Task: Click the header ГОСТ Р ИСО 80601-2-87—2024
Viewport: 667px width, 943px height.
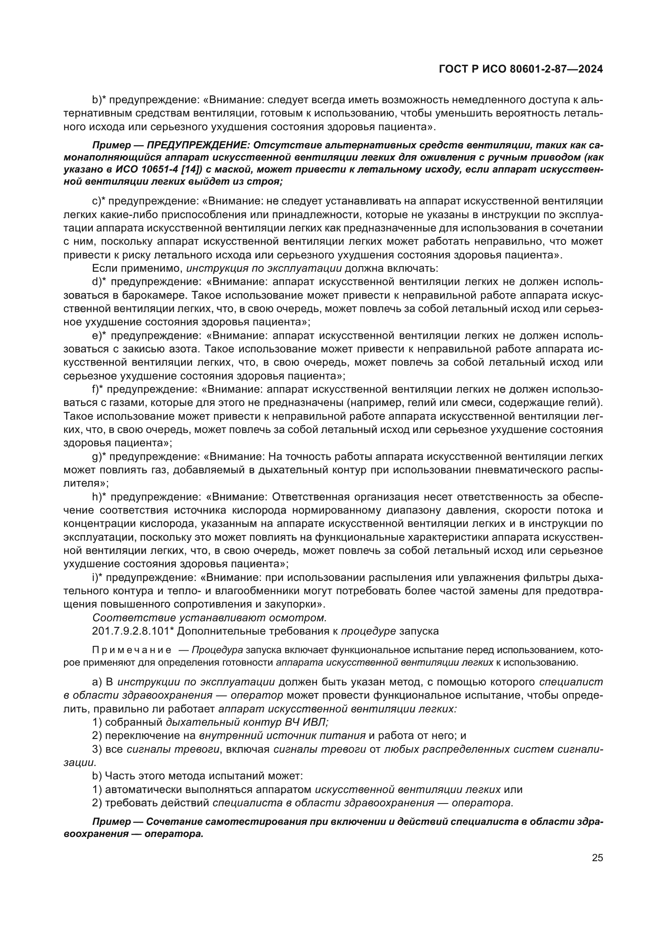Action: click(x=521, y=69)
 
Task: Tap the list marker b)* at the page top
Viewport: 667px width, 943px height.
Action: click(x=99, y=100)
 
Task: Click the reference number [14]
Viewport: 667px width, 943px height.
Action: click(x=175, y=170)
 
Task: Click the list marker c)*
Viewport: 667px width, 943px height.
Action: click(x=98, y=201)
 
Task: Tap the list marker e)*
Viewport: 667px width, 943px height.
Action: click(x=99, y=336)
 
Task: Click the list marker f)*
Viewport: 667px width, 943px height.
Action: click(x=98, y=389)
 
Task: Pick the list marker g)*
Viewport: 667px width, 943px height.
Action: click(x=99, y=457)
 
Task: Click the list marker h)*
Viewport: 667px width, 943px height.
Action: click(x=99, y=497)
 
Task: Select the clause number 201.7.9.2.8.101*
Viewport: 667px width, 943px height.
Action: click(x=133, y=631)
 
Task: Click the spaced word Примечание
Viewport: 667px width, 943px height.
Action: click(x=131, y=651)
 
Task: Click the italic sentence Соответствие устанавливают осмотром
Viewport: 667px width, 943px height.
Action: click(x=209, y=618)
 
